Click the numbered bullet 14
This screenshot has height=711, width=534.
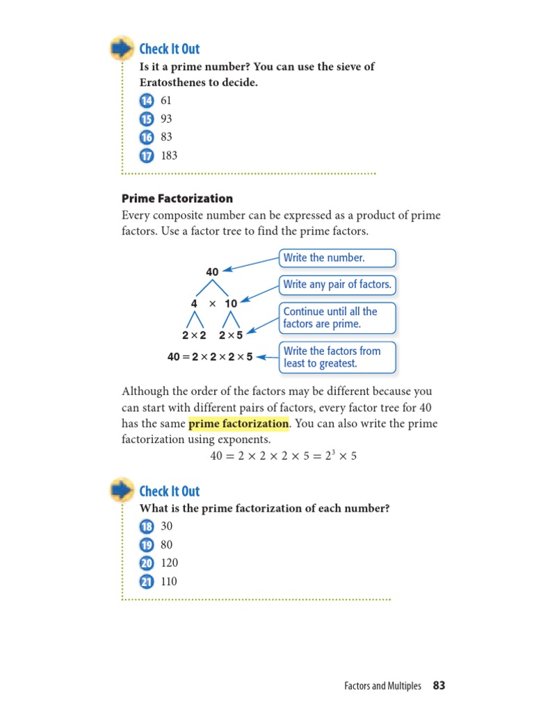(x=146, y=101)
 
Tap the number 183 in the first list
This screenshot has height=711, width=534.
(x=169, y=156)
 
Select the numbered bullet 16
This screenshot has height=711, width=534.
(x=146, y=137)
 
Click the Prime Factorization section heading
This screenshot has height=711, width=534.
(x=177, y=199)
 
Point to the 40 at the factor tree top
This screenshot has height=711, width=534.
(x=212, y=271)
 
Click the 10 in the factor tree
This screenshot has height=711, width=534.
(x=231, y=303)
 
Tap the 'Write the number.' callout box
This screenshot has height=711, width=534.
(x=337, y=258)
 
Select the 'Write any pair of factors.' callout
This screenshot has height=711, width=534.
(x=337, y=284)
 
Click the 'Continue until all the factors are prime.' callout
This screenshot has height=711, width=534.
(x=337, y=317)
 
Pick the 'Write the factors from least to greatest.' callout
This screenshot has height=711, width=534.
(x=337, y=357)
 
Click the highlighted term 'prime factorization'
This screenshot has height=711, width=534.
(x=238, y=424)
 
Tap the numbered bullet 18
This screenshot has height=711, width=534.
(x=146, y=526)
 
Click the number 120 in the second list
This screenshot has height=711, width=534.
(x=169, y=563)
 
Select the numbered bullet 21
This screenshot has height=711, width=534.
(x=146, y=582)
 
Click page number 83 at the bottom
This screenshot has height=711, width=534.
(x=439, y=686)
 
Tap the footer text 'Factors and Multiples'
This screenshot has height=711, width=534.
(x=382, y=686)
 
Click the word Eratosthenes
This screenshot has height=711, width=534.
(x=175, y=82)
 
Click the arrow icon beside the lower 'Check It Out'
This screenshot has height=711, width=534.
(x=122, y=491)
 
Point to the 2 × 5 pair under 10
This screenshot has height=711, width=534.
(x=231, y=335)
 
